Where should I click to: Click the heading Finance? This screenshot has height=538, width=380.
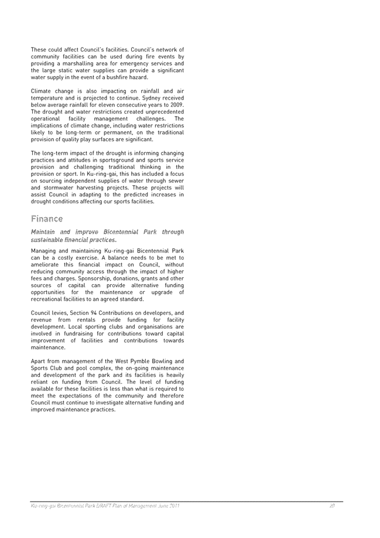[47, 219]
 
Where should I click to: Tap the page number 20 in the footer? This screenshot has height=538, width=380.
[332, 505]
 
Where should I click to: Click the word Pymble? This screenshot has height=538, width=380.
[139, 361]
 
